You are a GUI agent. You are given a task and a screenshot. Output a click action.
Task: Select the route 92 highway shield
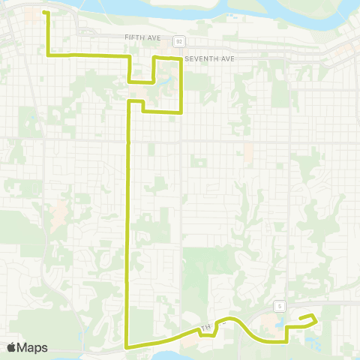point(178,40)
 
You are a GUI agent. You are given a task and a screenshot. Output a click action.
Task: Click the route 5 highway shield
point(278,305)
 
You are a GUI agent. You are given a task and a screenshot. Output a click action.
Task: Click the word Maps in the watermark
point(34,347)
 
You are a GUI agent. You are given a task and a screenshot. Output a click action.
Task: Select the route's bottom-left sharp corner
point(126,346)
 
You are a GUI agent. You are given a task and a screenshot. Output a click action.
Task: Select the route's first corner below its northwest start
point(49,55)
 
